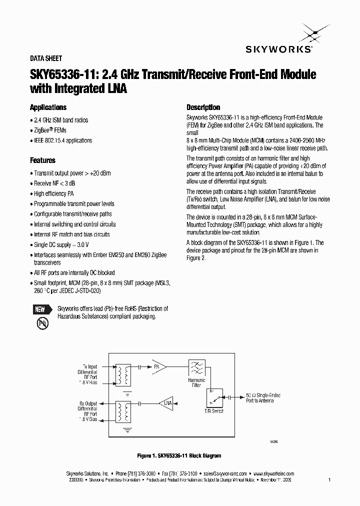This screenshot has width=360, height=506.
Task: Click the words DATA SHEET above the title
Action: click(x=46, y=58)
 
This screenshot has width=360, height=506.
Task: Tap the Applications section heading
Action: click(x=48, y=107)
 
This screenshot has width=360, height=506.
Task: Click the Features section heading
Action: click(x=42, y=160)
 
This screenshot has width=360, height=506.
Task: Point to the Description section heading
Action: click(x=203, y=107)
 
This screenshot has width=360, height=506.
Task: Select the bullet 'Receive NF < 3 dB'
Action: click(x=54, y=183)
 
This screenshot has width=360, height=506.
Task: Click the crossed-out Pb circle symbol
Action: click(x=42, y=323)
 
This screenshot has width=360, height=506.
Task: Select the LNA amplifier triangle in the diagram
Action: click(x=165, y=402)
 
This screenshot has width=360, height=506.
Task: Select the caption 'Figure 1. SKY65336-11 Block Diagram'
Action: click(x=179, y=455)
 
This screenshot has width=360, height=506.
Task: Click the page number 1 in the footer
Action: click(x=329, y=479)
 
